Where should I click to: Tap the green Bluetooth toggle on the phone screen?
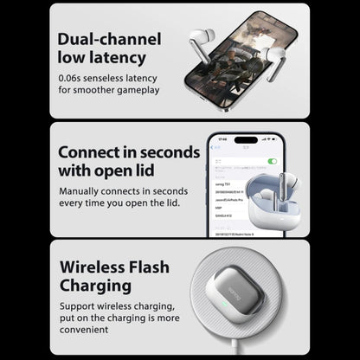(x=272, y=161)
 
